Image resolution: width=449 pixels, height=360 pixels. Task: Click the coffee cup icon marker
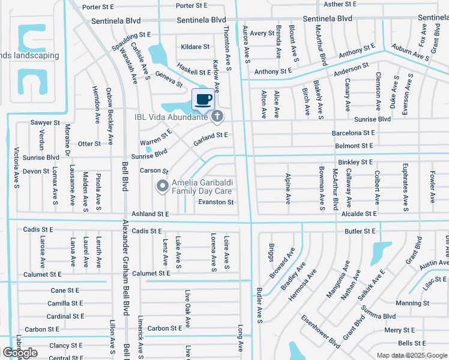(x=203, y=99)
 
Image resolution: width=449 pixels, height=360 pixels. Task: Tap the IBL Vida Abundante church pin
(x=217, y=116)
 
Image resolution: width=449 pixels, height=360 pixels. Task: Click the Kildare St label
(x=195, y=46)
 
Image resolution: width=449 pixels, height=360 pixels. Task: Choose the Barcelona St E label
(x=353, y=133)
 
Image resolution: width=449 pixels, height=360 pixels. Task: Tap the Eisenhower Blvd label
(x=321, y=331)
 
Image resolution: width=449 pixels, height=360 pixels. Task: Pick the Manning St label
(x=412, y=303)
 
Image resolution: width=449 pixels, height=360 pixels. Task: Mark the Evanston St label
(x=216, y=202)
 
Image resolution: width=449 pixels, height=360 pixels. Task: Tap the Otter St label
(x=89, y=144)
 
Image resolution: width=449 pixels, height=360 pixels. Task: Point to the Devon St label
(x=36, y=171)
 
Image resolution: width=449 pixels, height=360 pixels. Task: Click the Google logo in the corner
(x=20, y=353)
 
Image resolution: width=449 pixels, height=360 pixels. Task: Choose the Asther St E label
(x=341, y=4)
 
